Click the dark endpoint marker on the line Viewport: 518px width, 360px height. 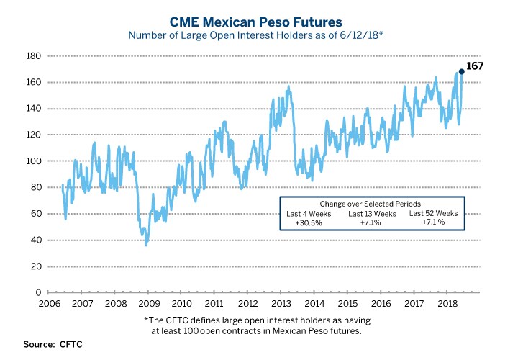click(x=462, y=71)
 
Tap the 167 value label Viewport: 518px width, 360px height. click(x=474, y=66)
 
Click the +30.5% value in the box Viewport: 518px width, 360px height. click(x=308, y=223)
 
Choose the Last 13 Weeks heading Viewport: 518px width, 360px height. click(x=372, y=214)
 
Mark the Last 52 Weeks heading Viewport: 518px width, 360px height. click(x=433, y=214)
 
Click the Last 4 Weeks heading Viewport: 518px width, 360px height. click(x=309, y=214)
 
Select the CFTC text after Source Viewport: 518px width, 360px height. click(x=71, y=345)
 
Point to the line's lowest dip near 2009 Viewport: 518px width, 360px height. click(x=147, y=246)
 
